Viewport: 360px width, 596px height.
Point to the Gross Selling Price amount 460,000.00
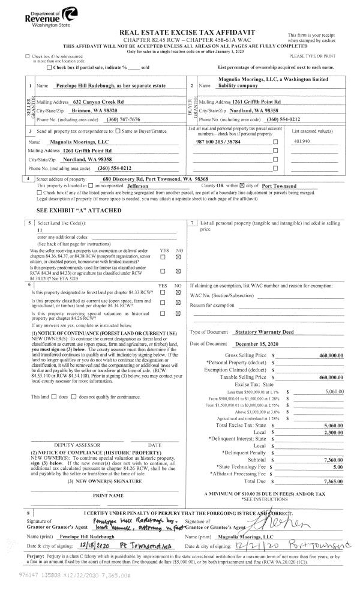[x=331, y=355]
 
